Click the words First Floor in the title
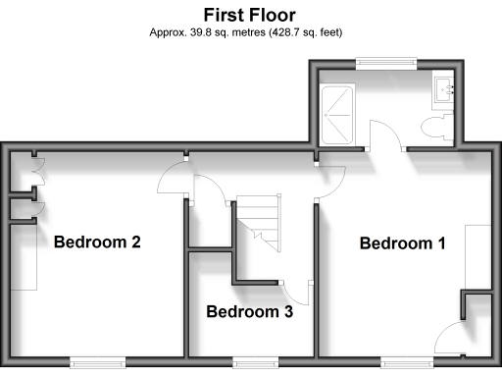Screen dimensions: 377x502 pyautogui.click(x=249, y=15)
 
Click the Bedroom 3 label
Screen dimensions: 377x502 pyautogui.click(x=249, y=313)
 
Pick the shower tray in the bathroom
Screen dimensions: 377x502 pyautogui.click(x=338, y=113)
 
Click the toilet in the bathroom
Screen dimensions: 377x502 pyautogui.click(x=434, y=127)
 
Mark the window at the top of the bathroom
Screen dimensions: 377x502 pyautogui.click(x=384, y=62)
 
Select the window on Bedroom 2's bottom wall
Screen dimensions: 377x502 pyautogui.click(x=98, y=361)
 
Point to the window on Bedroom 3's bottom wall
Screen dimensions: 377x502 pyautogui.click(x=251, y=361)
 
